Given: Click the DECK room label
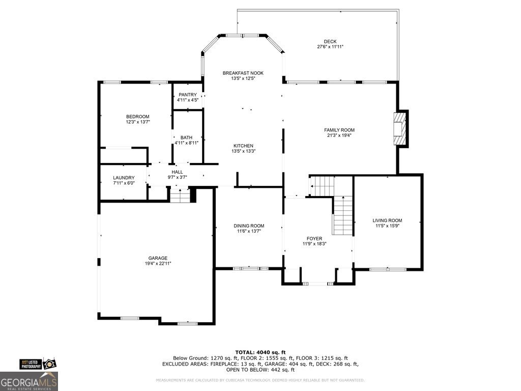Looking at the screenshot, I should coord(330,42).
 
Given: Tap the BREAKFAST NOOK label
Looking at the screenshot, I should coord(243,73).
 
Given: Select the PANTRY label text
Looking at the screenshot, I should coord(187,95).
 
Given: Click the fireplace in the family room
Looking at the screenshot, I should coord(401,128).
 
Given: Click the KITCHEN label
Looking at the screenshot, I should coord(243,146).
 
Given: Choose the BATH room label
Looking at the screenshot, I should coord(186,137).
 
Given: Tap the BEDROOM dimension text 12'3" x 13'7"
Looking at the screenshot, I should coord(137,122).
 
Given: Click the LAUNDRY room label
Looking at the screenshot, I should coord(124,178).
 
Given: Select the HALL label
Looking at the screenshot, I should coord(177,172).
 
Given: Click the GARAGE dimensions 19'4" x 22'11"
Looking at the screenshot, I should coord(158,263).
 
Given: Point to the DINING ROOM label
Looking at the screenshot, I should coord(249,226).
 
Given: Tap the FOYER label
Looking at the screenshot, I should coord(314,238).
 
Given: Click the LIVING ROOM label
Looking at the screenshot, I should coord(387,220).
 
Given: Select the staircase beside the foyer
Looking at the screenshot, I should coord(342,214).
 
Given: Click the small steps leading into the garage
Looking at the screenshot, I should coord(179,195).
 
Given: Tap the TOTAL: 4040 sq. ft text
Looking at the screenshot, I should coord(260,352).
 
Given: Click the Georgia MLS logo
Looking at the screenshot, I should coord(29,381).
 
